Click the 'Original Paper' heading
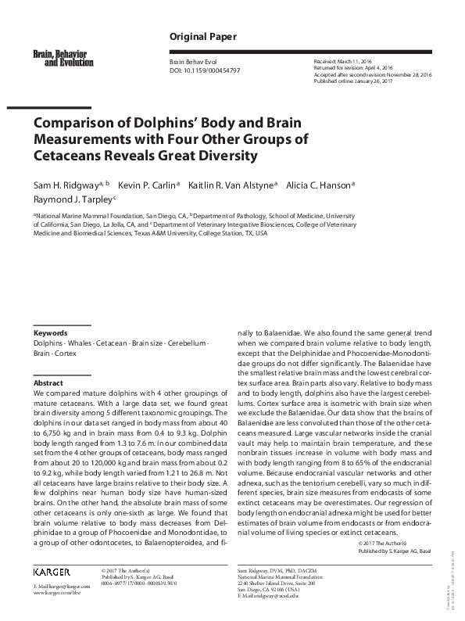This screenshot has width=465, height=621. [x=197, y=38]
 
